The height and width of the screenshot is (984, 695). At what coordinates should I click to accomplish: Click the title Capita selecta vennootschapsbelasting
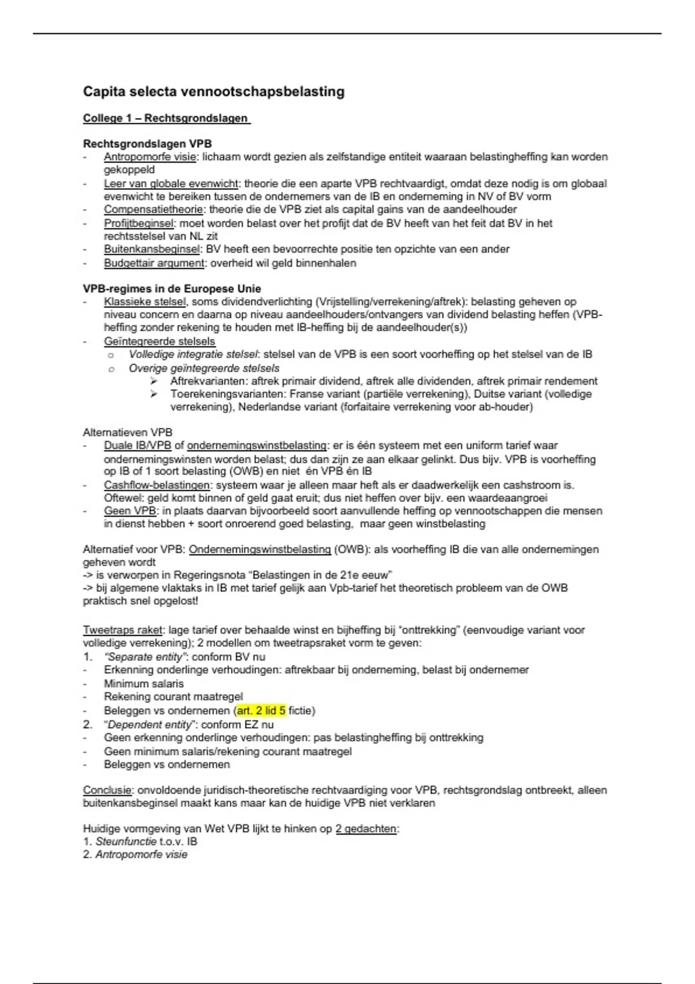click(213, 91)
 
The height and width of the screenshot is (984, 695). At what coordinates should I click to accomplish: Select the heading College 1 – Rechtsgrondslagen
click(166, 118)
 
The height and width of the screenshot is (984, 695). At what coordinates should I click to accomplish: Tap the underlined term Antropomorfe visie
click(150, 157)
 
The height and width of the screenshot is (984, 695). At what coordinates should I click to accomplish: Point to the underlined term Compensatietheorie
click(153, 210)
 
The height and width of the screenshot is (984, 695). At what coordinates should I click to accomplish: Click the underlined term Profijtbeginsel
click(139, 223)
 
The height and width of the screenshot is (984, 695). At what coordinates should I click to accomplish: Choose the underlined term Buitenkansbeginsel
click(152, 249)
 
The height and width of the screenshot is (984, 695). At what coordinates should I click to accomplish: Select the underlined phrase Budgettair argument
click(154, 263)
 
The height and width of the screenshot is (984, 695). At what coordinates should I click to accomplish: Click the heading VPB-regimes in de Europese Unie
click(172, 289)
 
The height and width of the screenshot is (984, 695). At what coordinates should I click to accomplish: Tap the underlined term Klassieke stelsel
click(145, 302)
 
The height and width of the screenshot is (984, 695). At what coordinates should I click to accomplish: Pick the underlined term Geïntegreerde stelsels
click(159, 342)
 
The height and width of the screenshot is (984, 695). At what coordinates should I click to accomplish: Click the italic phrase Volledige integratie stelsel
click(193, 354)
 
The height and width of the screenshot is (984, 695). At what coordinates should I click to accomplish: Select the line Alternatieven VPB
click(127, 432)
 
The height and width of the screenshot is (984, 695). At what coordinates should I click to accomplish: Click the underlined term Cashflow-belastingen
click(157, 485)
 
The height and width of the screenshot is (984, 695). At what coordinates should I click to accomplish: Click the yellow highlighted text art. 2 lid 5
click(261, 711)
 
